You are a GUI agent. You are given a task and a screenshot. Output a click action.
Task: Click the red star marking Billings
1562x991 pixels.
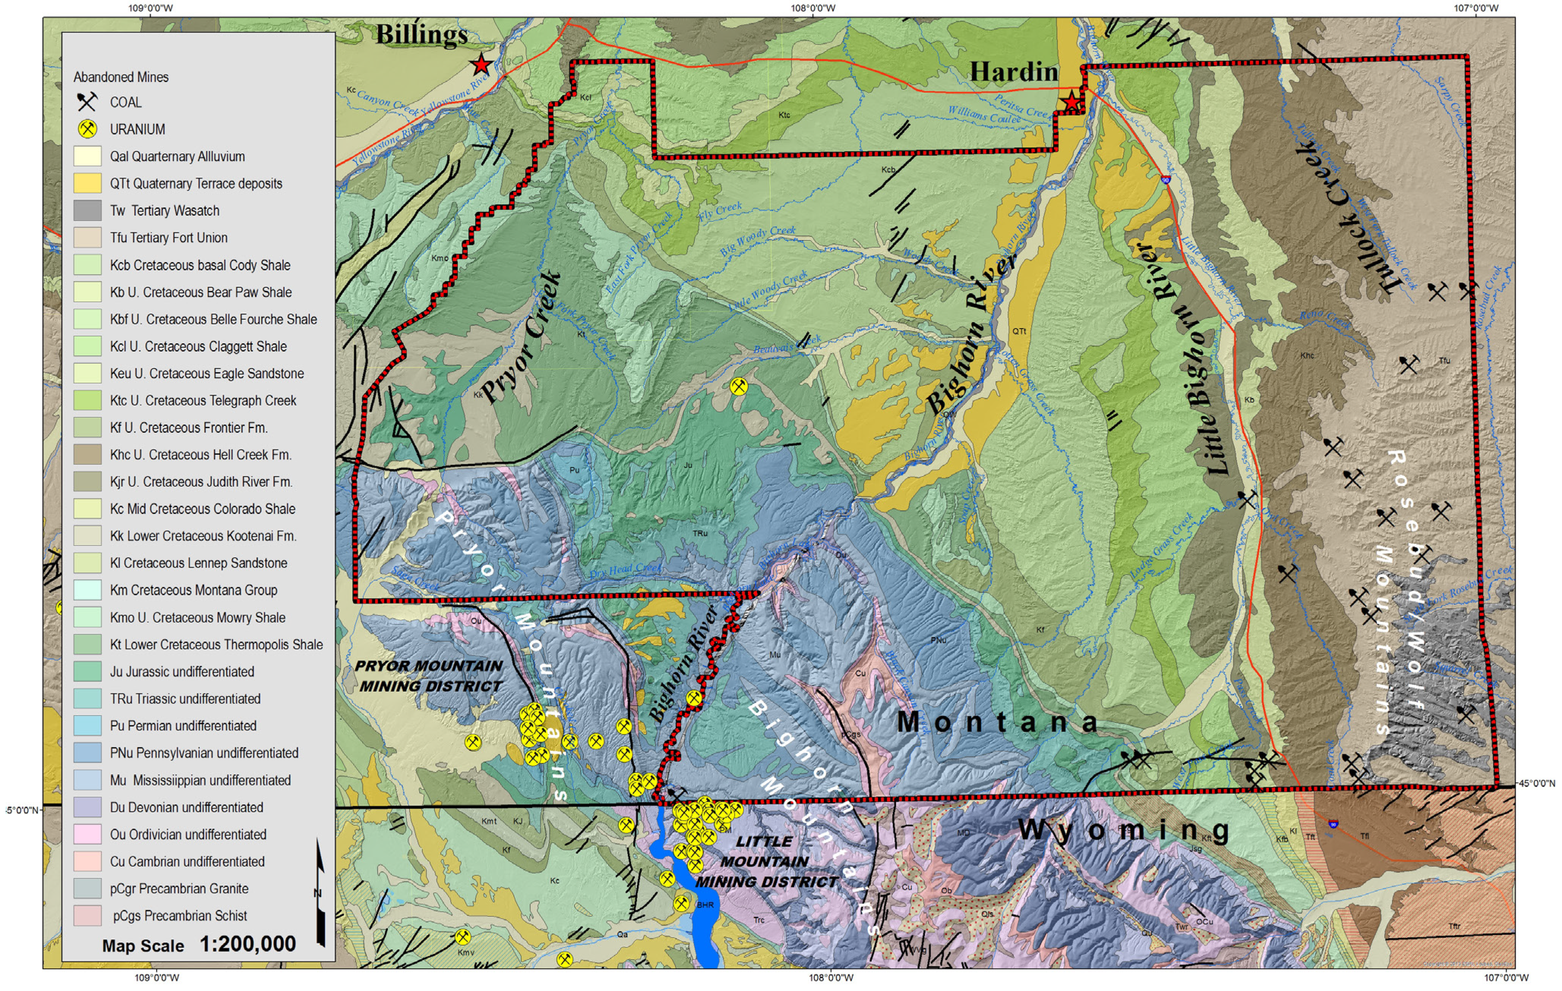point(481,65)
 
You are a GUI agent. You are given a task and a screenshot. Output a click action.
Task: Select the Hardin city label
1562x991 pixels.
point(1013,71)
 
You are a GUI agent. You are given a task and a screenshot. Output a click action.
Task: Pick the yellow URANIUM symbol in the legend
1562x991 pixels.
point(88,129)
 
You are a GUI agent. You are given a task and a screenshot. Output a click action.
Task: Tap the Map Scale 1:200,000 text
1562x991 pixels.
point(199,944)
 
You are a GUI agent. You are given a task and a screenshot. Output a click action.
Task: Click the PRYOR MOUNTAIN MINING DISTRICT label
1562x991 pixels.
point(429,676)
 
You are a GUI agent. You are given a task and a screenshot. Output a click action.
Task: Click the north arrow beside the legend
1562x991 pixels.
point(320,892)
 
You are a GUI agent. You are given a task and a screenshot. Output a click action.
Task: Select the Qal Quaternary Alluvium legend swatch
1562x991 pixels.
point(88,156)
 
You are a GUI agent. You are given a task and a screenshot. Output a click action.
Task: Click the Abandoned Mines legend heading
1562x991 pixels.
point(121,77)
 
